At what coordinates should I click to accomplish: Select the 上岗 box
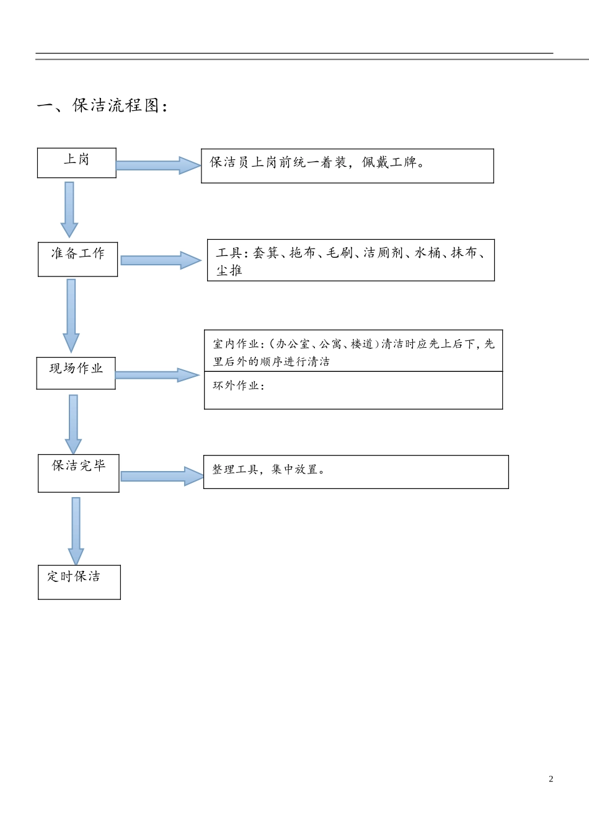[x=77, y=163]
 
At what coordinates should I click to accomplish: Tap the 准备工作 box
[x=77, y=259]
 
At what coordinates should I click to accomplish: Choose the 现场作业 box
[x=76, y=373]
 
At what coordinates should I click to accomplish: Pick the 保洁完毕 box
[x=78, y=473]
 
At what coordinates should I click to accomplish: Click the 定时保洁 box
[x=79, y=582]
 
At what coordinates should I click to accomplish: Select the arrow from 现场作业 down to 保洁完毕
[x=73, y=424]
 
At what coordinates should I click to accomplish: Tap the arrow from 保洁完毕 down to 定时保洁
[x=76, y=531]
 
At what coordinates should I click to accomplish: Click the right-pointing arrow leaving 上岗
[x=158, y=165]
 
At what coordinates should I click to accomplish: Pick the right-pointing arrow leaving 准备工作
[x=161, y=260]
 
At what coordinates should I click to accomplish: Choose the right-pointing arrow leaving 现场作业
[x=157, y=375]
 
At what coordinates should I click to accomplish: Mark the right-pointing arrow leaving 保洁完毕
[x=162, y=476]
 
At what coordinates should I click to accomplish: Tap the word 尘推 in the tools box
[x=229, y=270]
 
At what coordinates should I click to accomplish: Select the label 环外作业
[x=236, y=386]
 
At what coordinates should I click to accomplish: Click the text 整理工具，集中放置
[x=268, y=470]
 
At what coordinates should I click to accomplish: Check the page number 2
[x=551, y=779]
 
